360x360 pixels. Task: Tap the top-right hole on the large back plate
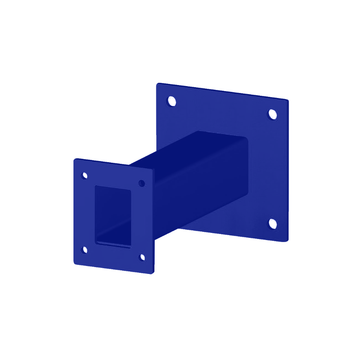point(272,114)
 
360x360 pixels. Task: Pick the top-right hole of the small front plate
point(142,183)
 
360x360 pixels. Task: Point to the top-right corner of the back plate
point(288,102)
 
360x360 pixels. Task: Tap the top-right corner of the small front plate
point(152,172)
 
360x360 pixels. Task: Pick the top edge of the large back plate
point(222,92)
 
